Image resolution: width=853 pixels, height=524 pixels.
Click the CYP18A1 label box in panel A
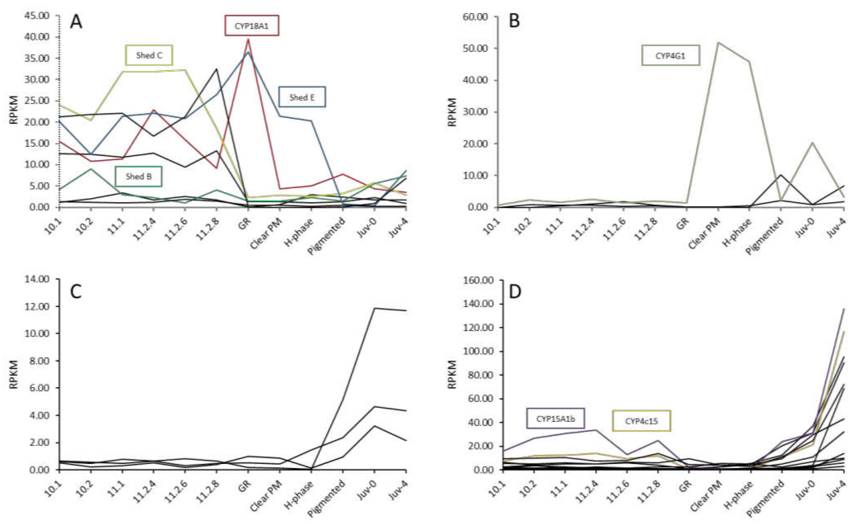click(x=252, y=26)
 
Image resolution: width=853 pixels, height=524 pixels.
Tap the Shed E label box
click(x=302, y=97)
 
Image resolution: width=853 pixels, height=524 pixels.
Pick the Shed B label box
click(x=138, y=176)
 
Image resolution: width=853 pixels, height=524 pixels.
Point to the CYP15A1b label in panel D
click(x=555, y=419)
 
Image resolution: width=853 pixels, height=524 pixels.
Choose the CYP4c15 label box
click(x=641, y=421)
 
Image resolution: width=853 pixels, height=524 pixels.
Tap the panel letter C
click(x=76, y=291)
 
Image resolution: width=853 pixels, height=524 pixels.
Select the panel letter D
click(x=515, y=291)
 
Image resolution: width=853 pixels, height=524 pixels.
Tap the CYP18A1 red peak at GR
click(x=248, y=40)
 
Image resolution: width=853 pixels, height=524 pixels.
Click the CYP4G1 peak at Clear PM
click(x=719, y=42)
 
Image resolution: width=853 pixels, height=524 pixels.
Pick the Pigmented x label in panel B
click(x=764, y=236)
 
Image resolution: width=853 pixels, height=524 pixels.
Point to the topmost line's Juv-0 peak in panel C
click(x=375, y=308)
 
